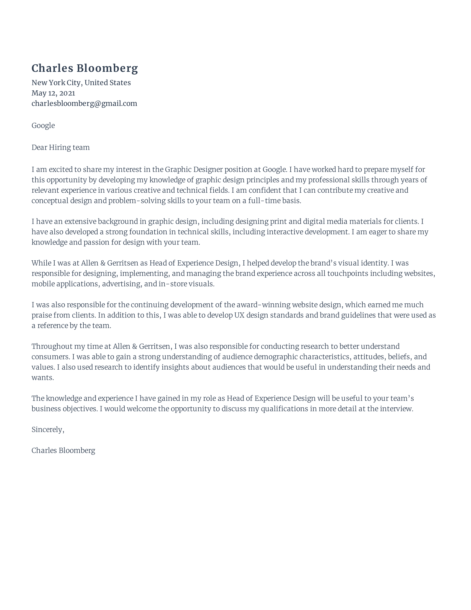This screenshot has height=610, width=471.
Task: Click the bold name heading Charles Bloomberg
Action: (x=85, y=68)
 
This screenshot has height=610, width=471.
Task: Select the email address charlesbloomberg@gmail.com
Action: (x=84, y=104)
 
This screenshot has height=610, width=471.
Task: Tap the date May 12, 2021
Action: (x=53, y=93)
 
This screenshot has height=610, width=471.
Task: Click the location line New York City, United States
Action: (x=81, y=83)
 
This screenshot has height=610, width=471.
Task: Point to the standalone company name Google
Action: (x=43, y=125)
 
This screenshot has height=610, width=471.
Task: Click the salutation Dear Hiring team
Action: (x=61, y=148)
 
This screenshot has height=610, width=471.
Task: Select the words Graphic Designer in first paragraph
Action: (x=194, y=169)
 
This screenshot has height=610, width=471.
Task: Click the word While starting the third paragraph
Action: (x=41, y=263)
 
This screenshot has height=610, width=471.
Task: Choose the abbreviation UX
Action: (x=239, y=315)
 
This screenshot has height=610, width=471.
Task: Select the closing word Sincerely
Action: (x=47, y=429)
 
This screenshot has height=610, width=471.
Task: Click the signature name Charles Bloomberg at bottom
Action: (x=63, y=451)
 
